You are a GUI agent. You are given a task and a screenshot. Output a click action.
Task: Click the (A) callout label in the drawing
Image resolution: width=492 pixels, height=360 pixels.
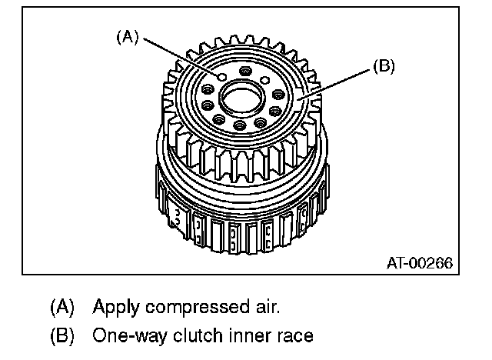(127, 36)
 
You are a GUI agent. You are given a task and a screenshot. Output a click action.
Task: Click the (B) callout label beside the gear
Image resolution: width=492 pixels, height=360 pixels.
(384, 67)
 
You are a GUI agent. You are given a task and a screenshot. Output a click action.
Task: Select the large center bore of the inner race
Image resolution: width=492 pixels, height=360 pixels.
(241, 98)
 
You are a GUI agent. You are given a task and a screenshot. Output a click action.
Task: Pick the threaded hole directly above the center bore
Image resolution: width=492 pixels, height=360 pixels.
(245, 72)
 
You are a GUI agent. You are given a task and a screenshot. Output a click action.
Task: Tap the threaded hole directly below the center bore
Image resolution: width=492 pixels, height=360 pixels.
(240, 125)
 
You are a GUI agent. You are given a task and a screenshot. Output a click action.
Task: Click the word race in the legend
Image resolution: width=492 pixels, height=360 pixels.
(291, 336)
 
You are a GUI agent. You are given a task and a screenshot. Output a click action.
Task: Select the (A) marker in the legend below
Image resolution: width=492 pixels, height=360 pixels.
(62, 308)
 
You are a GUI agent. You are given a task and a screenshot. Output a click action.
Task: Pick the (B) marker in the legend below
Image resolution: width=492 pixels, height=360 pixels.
(62, 336)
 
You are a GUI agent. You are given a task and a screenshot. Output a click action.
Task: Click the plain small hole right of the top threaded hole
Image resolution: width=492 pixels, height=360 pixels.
(265, 79)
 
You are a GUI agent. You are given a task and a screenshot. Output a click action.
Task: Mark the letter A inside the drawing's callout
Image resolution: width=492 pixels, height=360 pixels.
(127, 36)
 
